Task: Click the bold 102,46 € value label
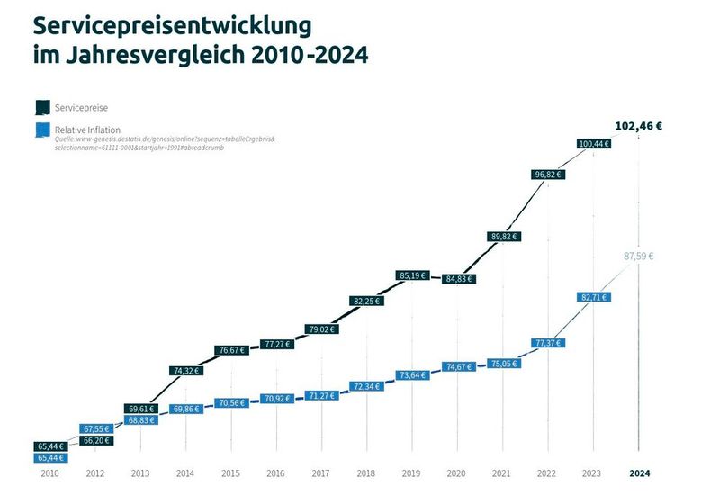[x=638, y=126]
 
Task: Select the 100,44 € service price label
[x=593, y=143]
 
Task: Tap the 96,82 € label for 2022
[x=548, y=175]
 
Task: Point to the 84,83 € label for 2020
[x=458, y=279]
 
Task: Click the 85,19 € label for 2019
[x=412, y=275]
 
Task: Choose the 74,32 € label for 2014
[x=186, y=370]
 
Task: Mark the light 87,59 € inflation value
[x=640, y=256]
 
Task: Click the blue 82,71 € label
[x=593, y=296]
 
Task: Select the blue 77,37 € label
[x=548, y=343]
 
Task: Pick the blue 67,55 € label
[x=96, y=429]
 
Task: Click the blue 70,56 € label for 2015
[x=231, y=402]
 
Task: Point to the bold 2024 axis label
[x=639, y=473]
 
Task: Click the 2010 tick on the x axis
[x=51, y=473]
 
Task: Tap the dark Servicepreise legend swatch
[x=42, y=107]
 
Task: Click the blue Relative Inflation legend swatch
[x=42, y=131]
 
